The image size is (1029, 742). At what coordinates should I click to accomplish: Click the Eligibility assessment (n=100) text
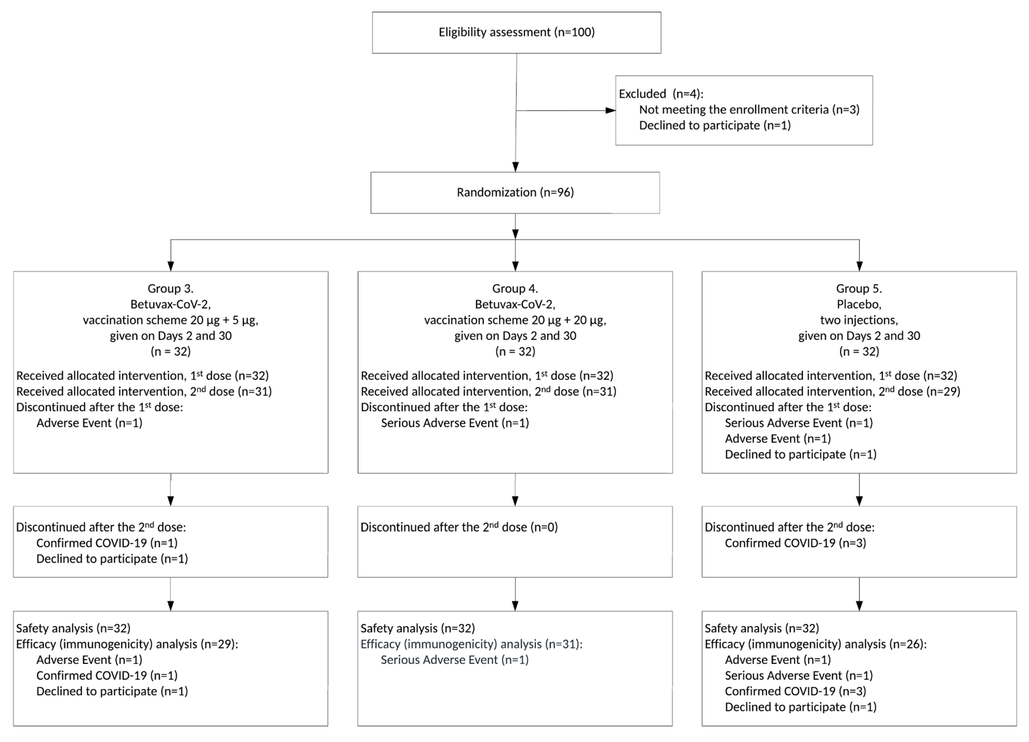point(516,32)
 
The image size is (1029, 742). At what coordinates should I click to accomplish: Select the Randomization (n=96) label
point(515,192)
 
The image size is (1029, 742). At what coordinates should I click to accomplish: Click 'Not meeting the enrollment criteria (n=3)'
point(749,109)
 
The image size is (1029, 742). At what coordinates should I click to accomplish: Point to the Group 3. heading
point(171,289)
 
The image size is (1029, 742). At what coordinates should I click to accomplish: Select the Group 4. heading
point(515,289)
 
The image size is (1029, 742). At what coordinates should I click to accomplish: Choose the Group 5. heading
point(859,289)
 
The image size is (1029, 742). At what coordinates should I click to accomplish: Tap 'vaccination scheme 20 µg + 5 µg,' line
point(171,320)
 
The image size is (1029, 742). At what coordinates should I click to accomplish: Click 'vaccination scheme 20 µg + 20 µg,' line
point(515,320)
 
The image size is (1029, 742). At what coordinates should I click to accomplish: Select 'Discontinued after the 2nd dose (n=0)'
point(459,527)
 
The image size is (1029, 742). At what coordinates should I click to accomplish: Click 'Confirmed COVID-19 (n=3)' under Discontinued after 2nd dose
point(795,543)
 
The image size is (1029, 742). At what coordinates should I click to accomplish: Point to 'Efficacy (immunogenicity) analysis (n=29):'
point(127,644)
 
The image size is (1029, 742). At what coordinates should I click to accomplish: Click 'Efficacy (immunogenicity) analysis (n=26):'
point(815,644)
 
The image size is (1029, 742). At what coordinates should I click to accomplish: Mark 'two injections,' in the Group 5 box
point(859,320)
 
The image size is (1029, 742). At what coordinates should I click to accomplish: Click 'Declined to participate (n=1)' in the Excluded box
point(715,125)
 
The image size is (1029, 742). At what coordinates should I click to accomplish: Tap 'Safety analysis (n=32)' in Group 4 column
point(418,628)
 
